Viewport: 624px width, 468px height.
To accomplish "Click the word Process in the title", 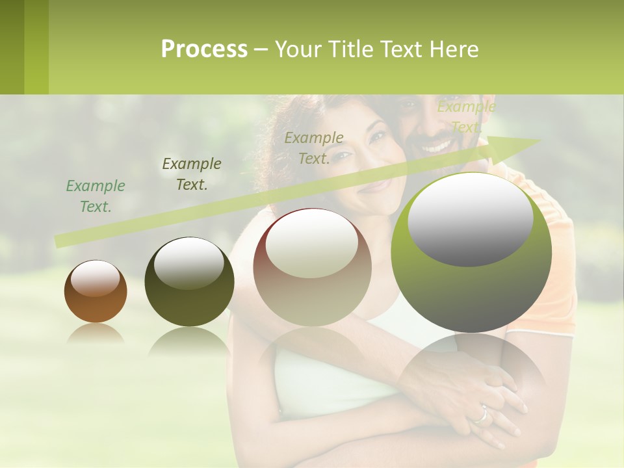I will [204, 49].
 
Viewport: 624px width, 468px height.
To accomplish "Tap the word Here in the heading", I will [454, 49].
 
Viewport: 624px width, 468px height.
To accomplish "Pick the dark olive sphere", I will [189, 282].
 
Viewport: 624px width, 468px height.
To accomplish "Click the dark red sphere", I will [312, 267].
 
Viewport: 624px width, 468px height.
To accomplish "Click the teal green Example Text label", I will [96, 196].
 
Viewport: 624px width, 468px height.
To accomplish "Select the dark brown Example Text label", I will [192, 174].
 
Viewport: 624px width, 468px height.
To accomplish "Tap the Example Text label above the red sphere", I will [314, 148].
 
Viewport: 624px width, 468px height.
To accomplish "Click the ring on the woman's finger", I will [481, 413].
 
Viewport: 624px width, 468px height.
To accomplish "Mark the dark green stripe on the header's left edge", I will [12, 47].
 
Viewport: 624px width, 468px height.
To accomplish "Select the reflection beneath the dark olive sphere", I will [189, 341].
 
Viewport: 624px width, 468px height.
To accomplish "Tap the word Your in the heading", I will [297, 49].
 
